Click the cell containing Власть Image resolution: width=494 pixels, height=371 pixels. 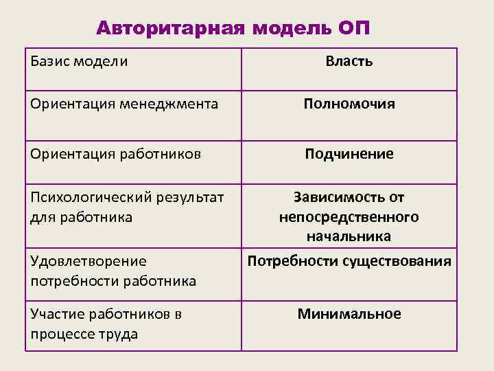(349, 61)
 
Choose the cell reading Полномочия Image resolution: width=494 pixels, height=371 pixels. (349, 104)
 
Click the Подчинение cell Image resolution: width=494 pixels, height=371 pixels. (349, 154)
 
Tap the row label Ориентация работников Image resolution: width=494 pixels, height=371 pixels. (115, 154)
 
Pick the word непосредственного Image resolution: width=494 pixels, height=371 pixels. (349, 217)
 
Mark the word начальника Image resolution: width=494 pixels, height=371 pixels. (349, 236)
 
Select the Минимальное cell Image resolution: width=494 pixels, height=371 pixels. (349, 314)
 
